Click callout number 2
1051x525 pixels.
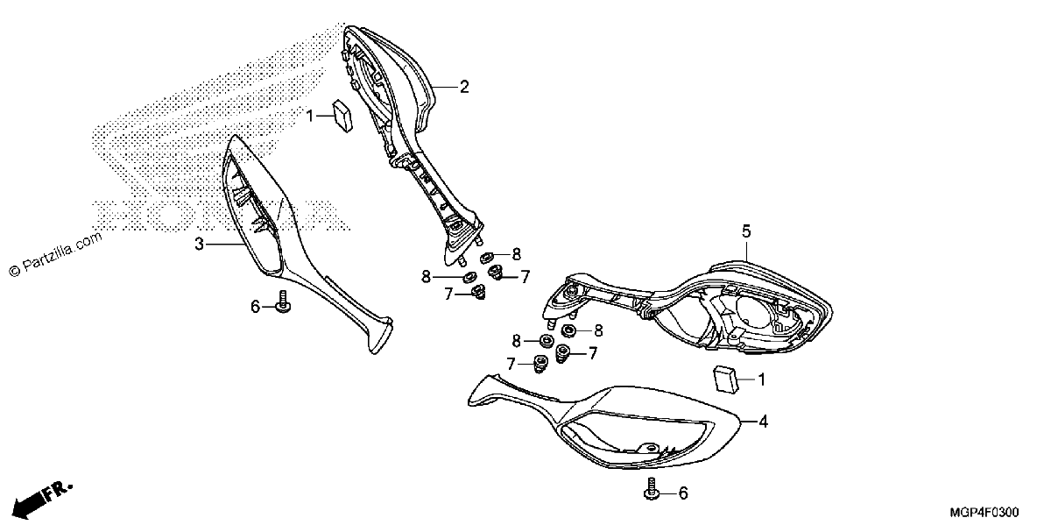tap(464, 87)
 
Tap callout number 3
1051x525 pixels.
tap(200, 245)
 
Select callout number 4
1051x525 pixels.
tap(764, 422)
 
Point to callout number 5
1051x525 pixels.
tap(746, 231)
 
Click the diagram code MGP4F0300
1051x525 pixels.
tap(984, 512)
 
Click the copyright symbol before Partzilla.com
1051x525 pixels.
tap(15, 271)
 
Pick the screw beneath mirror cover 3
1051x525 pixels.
tap(283, 302)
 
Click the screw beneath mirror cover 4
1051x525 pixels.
tap(652, 489)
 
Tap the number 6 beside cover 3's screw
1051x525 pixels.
tap(255, 307)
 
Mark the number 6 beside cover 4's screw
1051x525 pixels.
tap(683, 493)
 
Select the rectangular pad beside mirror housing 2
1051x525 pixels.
tap(343, 116)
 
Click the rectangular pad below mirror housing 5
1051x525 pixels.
tap(725, 380)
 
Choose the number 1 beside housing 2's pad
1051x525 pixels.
tap(310, 116)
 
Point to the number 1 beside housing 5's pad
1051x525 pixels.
tap(761, 380)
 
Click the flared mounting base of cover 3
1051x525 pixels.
tap(378, 334)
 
